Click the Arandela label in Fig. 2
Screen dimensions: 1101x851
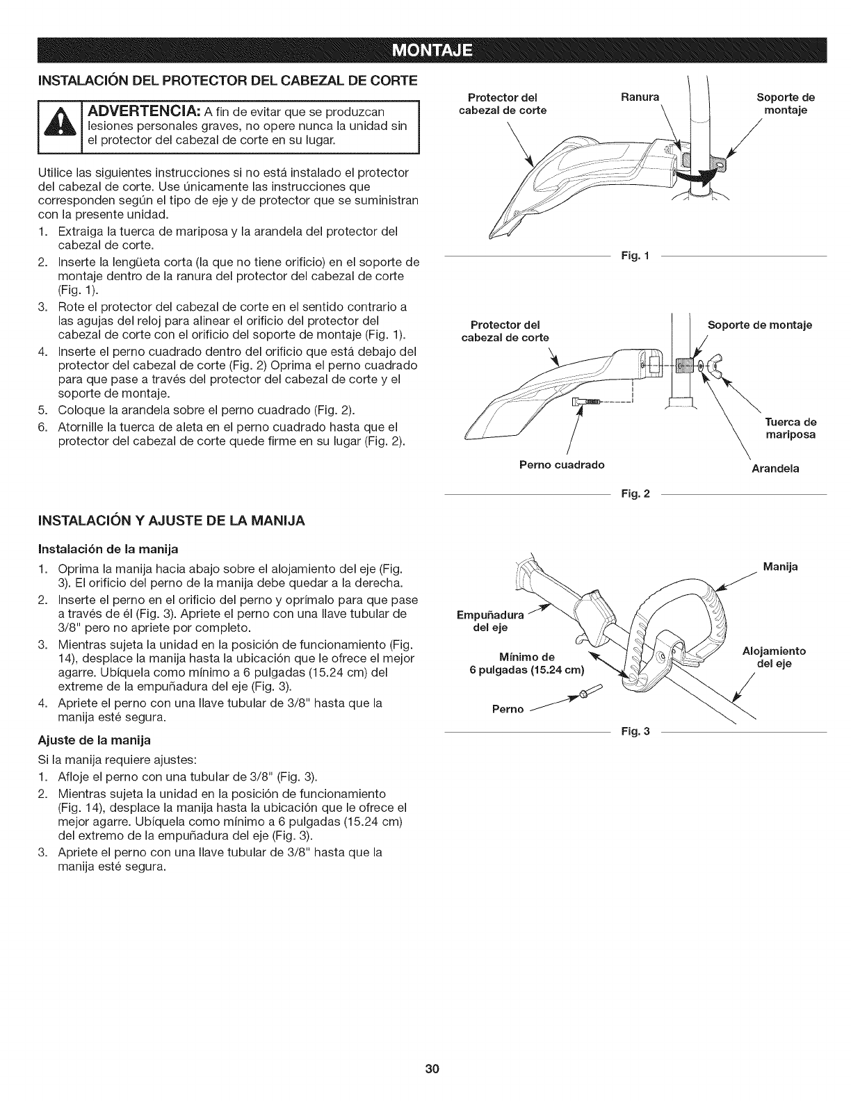[x=775, y=468]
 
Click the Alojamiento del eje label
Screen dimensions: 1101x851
[x=773, y=658]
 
